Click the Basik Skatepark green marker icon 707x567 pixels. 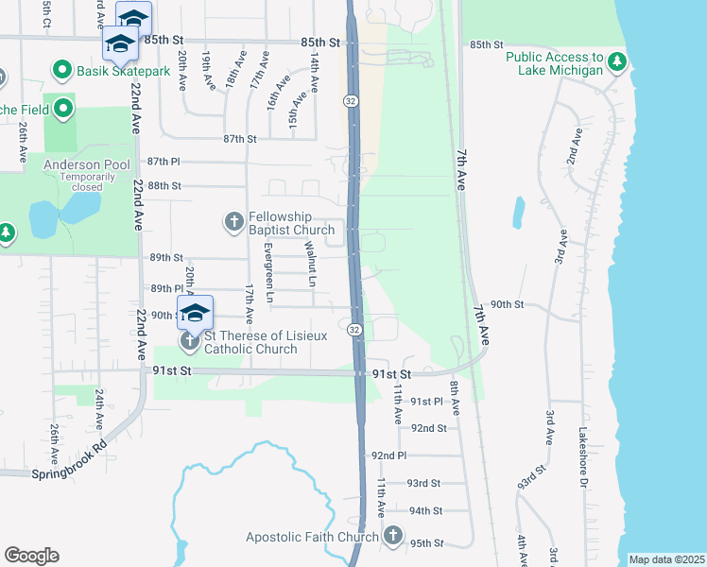pyautogui.click(x=63, y=70)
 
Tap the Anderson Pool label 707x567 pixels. pyautogui.click(x=84, y=163)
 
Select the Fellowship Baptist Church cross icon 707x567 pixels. pyautogui.click(x=233, y=222)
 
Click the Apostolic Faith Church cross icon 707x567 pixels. pyautogui.click(x=394, y=537)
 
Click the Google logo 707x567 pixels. pyautogui.click(x=31, y=556)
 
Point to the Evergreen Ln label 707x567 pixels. pyautogui.click(x=268, y=272)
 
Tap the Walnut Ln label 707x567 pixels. pyautogui.click(x=309, y=264)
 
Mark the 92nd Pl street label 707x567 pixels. pyautogui.click(x=388, y=455)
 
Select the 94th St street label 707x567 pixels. pyautogui.click(x=424, y=510)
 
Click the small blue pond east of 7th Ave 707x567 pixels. pyautogui.click(x=519, y=213)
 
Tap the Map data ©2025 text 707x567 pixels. pyautogui.click(x=667, y=559)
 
